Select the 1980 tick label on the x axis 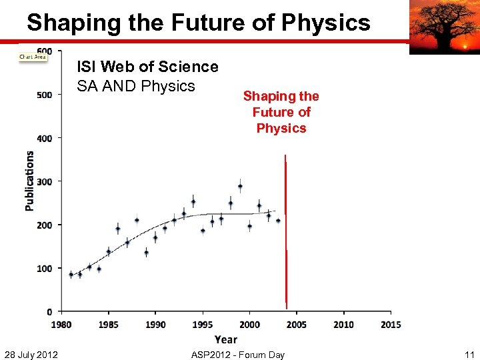pyautogui.click(x=61, y=325)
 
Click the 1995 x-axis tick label pyautogui.click(x=203, y=325)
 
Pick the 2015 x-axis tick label pyautogui.click(x=391, y=325)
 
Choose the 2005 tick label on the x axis pyautogui.click(x=297, y=325)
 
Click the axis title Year pyautogui.click(x=225, y=339)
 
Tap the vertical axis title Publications pyautogui.click(x=29, y=181)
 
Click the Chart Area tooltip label pyautogui.click(x=33, y=57)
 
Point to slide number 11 pyautogui.click(x=469, y=354)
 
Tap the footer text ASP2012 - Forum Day pyautogui.click(x=237, y=354)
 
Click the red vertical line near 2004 pyautogui.click(x=286, y=233)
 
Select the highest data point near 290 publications pyautogui.click(x=240, y=187)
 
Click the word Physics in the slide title pyautogui.click(x=326, y=23)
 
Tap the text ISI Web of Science pyautogui.click(x=147, y=67)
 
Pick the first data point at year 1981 pyautogui.click(x=71, y=274)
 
